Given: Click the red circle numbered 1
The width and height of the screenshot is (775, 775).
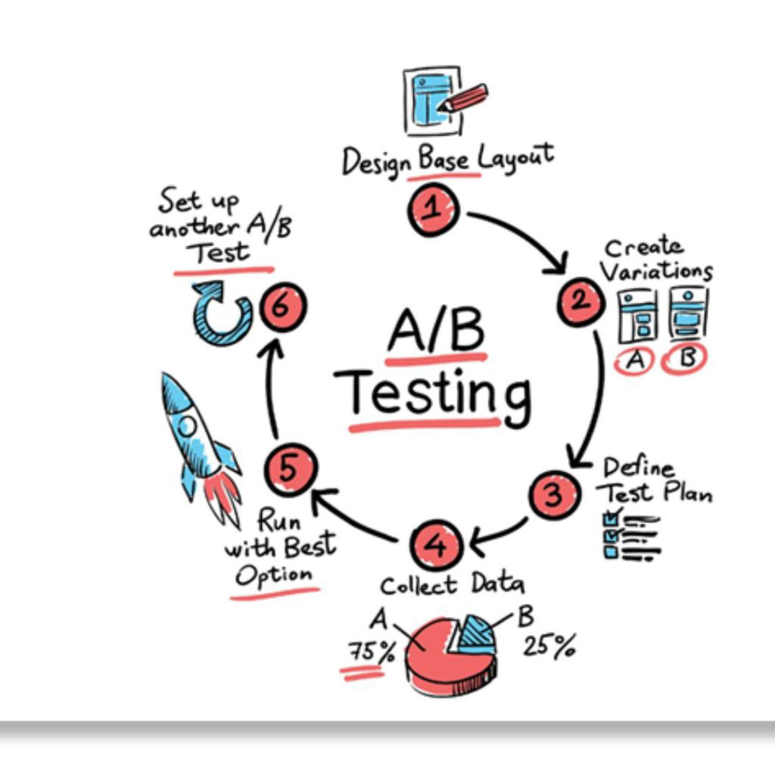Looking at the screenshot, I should coord(434,210).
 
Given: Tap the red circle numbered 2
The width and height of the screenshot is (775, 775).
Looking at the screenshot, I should coord(580,301).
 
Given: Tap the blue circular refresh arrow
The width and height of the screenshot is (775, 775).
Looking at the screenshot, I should coord(221,313).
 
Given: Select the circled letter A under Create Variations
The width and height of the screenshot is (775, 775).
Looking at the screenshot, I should coord(636,361).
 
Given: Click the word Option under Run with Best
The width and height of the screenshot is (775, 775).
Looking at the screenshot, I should coord(273,575).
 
